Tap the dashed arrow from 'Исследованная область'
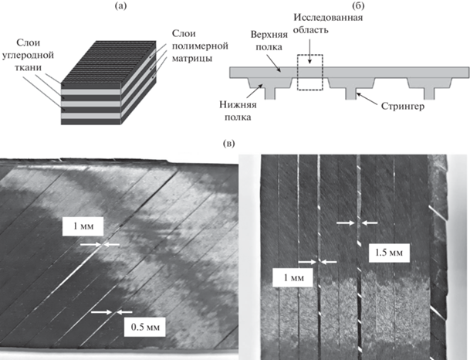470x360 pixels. [309, 53]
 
